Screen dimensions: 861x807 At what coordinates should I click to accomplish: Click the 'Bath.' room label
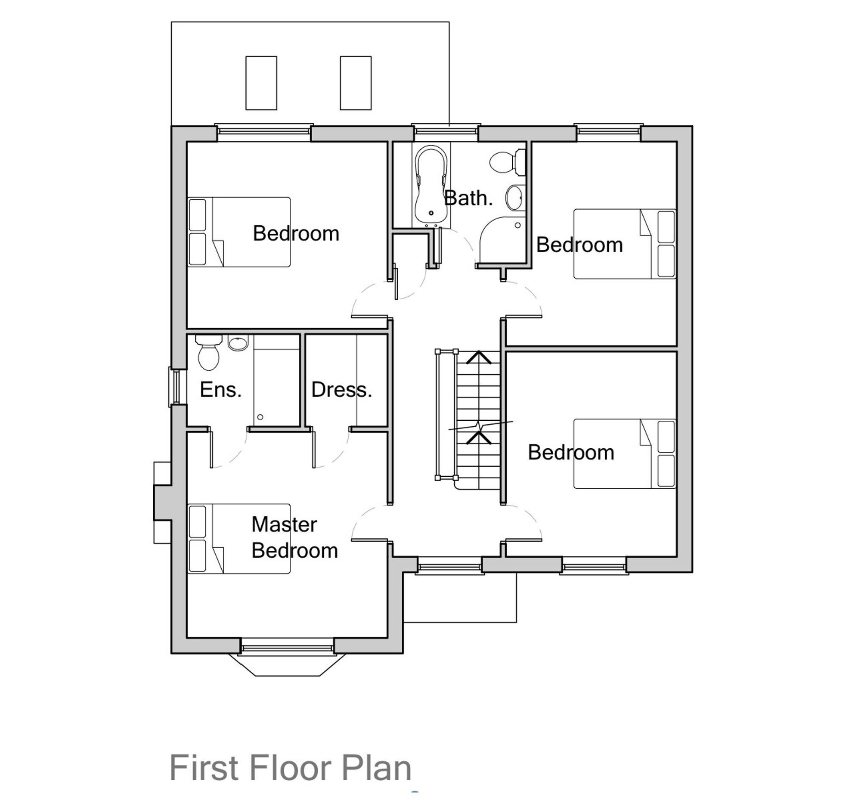468,199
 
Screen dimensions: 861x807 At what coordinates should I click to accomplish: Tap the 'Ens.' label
221,390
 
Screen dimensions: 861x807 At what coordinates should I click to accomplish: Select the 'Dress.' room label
342,390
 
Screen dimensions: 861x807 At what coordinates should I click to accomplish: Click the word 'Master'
284,525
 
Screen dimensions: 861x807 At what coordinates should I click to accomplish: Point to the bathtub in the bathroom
430,186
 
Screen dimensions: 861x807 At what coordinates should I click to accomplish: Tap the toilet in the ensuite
208,353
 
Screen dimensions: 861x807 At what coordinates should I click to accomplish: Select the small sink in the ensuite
238,343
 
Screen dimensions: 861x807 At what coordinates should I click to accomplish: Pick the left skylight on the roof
261,83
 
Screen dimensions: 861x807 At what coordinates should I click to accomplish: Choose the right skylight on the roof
356,83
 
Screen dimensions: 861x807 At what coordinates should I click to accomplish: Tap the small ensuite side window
175,387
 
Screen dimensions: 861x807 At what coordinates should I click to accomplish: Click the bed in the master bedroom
239,538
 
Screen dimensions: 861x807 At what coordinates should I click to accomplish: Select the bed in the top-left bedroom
239,232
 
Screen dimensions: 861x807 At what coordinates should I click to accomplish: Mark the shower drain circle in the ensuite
260,417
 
